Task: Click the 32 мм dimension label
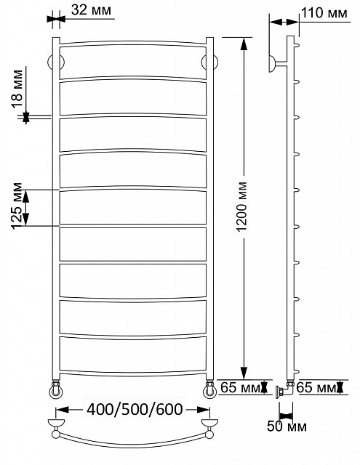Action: pyautogui.click(x=91, y=10)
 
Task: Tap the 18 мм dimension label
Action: pyautogui.click(x=17, y=89)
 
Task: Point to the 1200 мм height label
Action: pyautogui.click(x=242, y=206)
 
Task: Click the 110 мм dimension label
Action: pyautogui.click(x=324, y=13)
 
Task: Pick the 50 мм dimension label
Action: pyautogui.click(x=287, y=426)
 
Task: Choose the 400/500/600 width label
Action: pyautogui.click(x=135, y=410)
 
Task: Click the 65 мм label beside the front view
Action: pyautogui.click(x=241, y=387)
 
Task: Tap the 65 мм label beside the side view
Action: pyautogui.click(x=316, y=387)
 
